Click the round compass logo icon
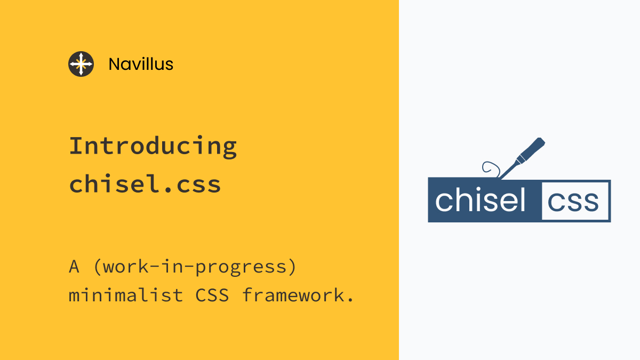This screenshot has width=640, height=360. point(81,64)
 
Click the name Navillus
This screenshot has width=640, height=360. point(141,65)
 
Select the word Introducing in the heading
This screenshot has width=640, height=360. point(153,146)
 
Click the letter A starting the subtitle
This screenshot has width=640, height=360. point(75,266)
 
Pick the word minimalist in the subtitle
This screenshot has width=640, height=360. point(126,295)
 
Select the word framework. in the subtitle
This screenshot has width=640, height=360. point(298,295)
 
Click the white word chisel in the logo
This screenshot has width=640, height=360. point(481,201)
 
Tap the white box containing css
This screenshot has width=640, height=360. point(575,201)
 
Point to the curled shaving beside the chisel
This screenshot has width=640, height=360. point(490,169)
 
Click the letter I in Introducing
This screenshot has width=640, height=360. point(75,146)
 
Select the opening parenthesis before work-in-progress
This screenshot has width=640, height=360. point(97,267)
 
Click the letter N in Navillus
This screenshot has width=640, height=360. point(113,65)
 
